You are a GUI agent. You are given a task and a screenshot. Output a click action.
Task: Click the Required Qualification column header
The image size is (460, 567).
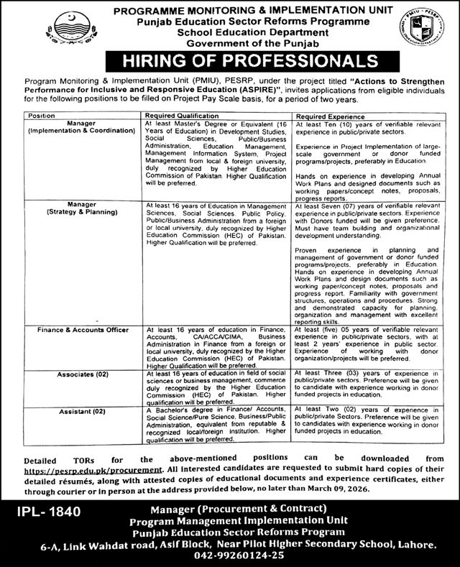(182, 114)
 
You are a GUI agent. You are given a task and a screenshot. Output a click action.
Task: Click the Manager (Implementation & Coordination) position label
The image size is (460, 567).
(80, 128)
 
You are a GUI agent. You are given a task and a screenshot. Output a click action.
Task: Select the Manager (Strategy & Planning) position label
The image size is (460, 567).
(80, 208)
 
